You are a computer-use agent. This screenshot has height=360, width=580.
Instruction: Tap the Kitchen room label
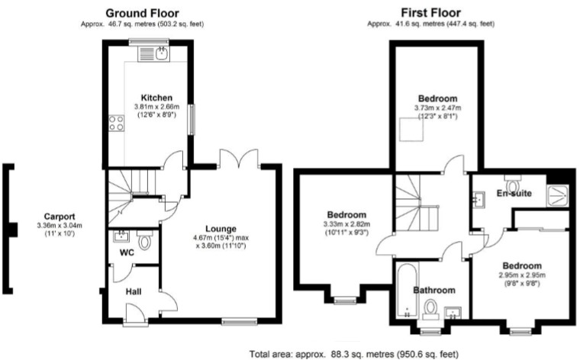tap(147, 98)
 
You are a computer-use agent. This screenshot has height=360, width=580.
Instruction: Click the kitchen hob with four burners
tap(117, 122)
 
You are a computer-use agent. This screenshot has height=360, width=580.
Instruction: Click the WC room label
tap(127, 252)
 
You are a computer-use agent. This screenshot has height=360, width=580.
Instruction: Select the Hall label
tap(132, 291)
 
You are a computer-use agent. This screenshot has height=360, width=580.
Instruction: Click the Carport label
tap(60, 216)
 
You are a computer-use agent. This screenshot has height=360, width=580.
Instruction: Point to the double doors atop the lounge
tap(239, 161)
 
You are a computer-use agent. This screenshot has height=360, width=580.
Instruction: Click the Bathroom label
tap(434, 290)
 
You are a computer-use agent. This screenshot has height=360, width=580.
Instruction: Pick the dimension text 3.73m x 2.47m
tap(437, 108)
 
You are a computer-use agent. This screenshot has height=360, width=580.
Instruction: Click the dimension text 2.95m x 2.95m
tap(522, 275)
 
